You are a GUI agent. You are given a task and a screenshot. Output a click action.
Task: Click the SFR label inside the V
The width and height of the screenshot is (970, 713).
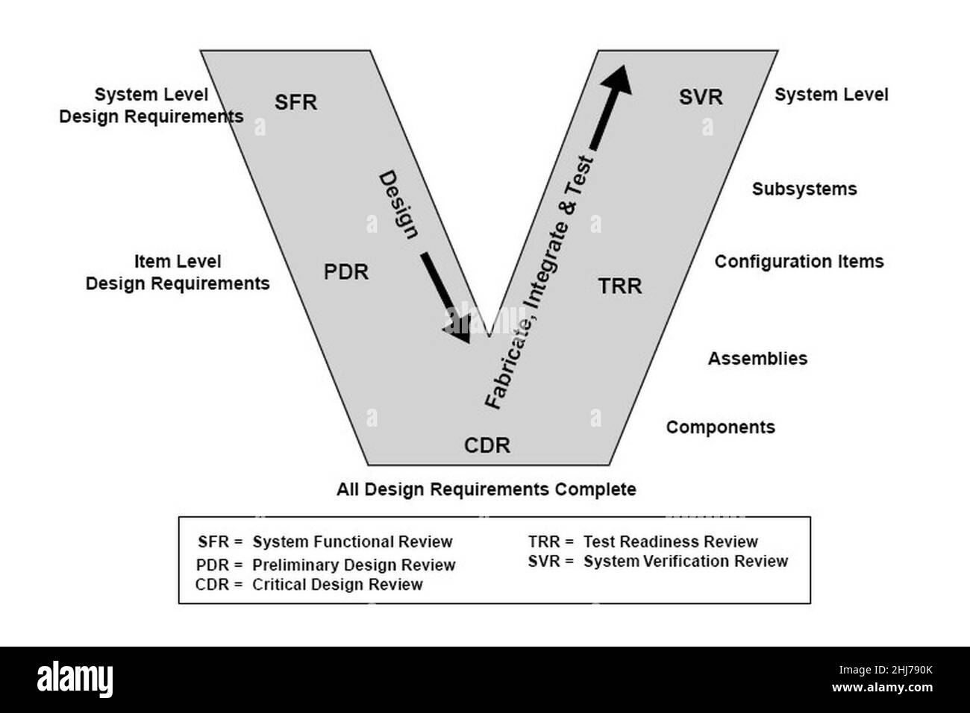coord(295,102)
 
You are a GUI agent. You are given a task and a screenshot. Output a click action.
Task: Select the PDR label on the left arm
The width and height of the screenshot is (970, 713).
coord(346,272)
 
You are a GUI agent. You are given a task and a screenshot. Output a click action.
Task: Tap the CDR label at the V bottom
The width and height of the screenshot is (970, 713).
coord(487,446)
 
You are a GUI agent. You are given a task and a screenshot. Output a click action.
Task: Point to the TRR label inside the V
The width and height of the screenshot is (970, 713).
coord(620,286)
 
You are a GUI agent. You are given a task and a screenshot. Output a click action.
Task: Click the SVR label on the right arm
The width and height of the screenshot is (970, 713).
coord(701,97)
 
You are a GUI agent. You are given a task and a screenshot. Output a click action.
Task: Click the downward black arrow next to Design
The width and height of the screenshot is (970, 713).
coord(446,298)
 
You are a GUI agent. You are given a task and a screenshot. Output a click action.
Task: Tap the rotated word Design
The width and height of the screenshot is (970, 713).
coord(398,204)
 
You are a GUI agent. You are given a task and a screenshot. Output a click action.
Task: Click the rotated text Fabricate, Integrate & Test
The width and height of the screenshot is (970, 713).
coord(539,282)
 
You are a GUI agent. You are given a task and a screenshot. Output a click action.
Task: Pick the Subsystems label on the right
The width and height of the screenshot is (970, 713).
coord(804,189)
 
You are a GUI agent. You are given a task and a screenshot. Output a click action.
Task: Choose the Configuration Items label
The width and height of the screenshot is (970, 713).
coord(798,262)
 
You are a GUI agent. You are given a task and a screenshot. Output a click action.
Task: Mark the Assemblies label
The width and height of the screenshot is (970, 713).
coord(757,359)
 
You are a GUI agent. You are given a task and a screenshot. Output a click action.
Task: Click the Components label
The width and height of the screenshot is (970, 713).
coord(720,427)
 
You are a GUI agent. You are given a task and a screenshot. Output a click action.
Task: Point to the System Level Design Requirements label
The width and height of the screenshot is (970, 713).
coord(151,106)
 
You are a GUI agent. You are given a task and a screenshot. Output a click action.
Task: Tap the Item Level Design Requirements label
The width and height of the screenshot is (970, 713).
coord(178,273)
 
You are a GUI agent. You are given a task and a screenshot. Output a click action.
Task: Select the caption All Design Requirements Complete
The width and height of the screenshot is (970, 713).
coord(486,490)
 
